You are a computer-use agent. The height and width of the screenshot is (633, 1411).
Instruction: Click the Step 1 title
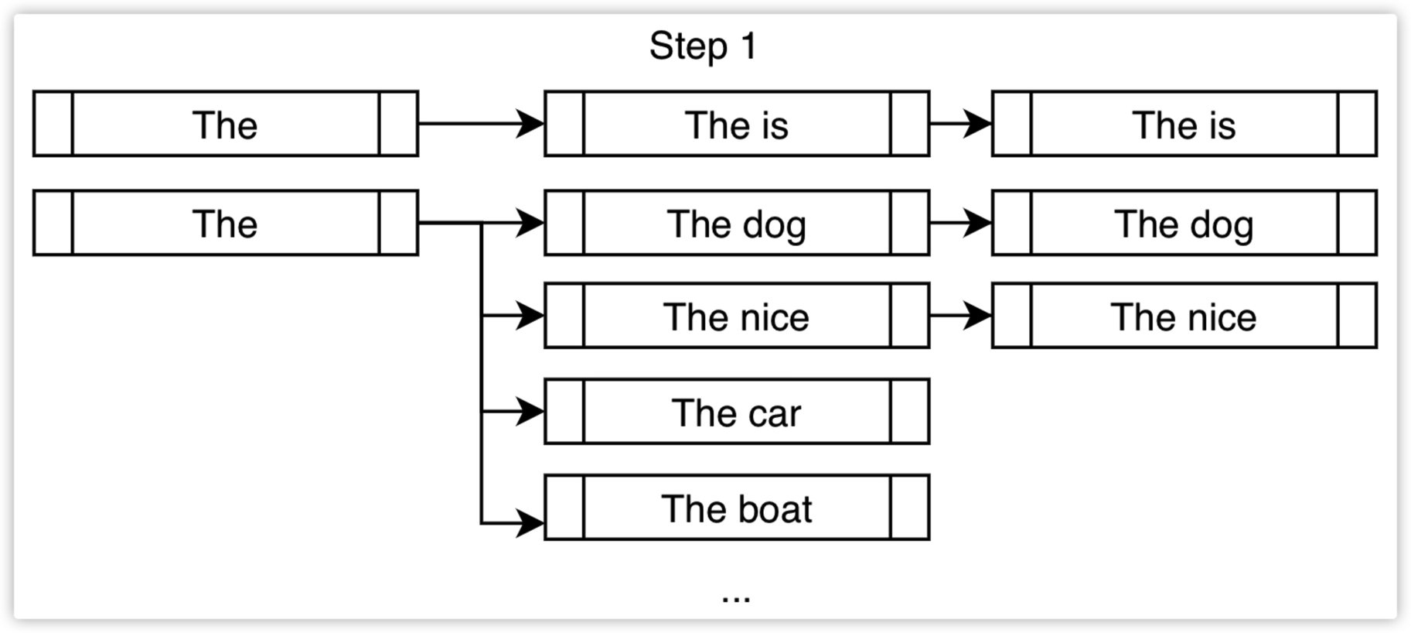tap(703, 46)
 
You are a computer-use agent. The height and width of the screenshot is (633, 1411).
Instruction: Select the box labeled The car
tap(737, 412)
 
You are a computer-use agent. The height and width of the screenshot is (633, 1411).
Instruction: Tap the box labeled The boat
tap(737, 508)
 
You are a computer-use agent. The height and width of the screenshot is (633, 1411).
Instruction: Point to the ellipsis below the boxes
tap(736, 597)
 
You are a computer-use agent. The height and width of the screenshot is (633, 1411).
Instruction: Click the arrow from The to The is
tap(481, 124)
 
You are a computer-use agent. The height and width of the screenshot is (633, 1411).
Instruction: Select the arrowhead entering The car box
tap(530, 412)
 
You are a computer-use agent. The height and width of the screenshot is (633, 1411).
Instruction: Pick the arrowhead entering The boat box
tap(530, 523)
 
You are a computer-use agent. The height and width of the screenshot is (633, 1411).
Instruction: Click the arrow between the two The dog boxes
tap(960, 223)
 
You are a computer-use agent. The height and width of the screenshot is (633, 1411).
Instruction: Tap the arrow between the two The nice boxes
tap(960, 316)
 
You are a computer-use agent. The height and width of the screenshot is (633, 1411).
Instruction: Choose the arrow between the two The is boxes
tap(960, 124)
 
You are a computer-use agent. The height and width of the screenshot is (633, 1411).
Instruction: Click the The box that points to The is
tap(226, 124)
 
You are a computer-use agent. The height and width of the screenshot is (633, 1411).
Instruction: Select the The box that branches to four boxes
tap(226, 223)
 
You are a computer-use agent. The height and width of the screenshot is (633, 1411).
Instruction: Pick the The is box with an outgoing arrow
tap(737, 124)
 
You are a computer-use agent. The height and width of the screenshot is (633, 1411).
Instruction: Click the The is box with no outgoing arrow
tap(1184, 124)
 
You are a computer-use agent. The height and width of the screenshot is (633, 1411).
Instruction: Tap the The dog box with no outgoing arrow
tap(1184, 223)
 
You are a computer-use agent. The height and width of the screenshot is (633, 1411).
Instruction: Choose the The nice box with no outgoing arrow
tap(1184, 316)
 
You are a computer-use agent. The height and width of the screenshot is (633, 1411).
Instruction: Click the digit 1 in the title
tap(748, 46)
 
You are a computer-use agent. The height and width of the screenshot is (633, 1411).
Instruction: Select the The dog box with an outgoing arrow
tap(737, 223)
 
